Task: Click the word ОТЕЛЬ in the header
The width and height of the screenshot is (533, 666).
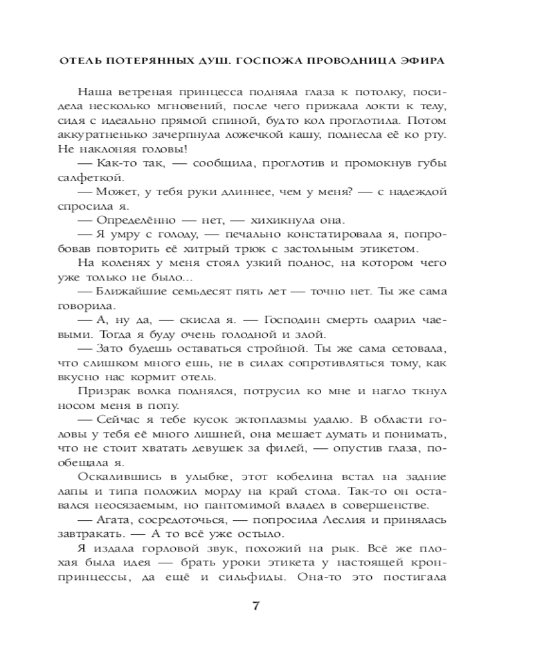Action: (81, 59)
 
